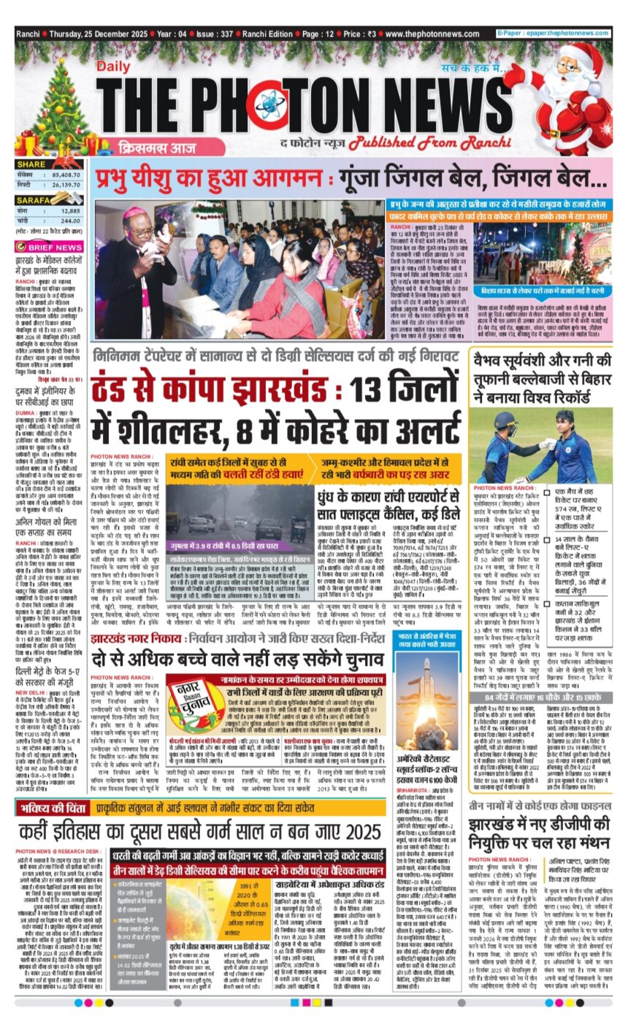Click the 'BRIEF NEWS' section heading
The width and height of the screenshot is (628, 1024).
click(x=55, y=248)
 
